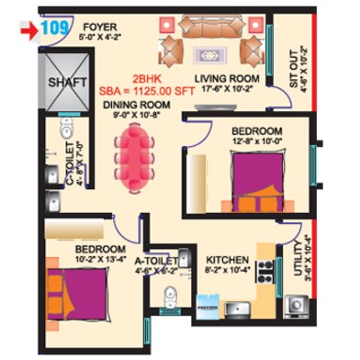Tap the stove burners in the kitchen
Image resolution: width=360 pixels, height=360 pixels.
266,269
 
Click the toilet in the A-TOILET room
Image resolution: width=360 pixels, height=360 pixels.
166,297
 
